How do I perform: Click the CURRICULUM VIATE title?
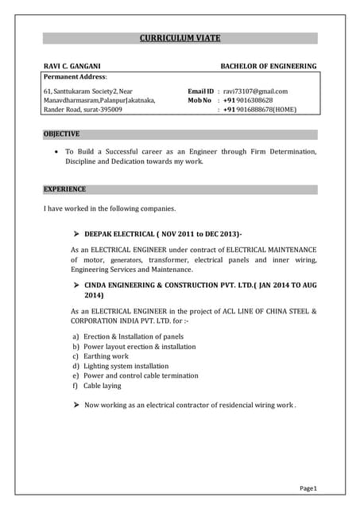click(180, 37)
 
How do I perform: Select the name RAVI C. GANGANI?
click(72, 66)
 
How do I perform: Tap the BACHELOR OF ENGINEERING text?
click(268, 66)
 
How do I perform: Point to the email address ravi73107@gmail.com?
click(255, 91)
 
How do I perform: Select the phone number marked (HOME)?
click(265, 111)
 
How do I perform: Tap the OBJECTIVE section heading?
click(61, 134)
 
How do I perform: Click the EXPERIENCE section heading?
click(64, 189)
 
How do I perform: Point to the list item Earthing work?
click(106, 356)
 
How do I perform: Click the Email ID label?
click(200, 91)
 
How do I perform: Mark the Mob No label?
click(199, 101)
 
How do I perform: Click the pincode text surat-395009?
click(99, 111)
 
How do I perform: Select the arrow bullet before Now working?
click(76, 405)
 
